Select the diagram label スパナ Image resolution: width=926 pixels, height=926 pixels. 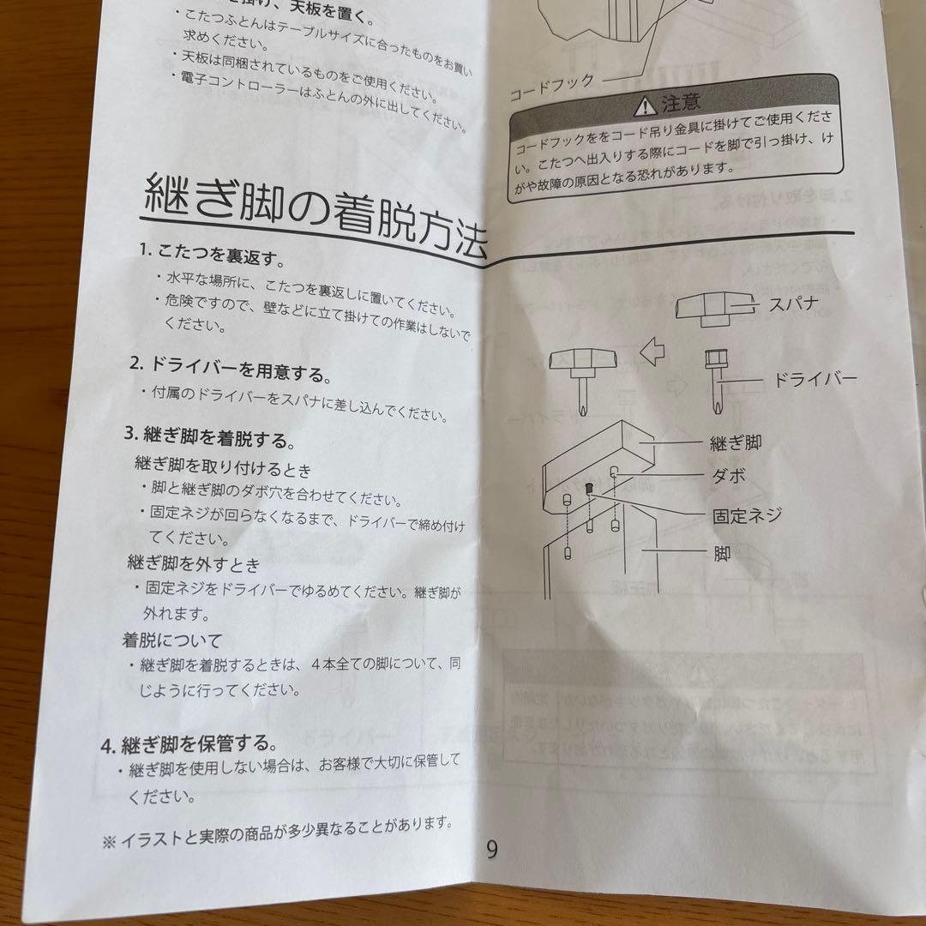tap(794, 304)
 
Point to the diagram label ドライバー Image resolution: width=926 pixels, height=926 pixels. tap(815, 378)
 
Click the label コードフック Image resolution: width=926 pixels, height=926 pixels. tap(551, 88)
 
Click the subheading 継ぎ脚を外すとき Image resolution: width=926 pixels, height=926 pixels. tap(193, 564)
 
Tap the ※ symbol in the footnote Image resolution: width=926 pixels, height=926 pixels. tap(109, 842)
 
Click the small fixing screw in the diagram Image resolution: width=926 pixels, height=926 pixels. tap(590, 488)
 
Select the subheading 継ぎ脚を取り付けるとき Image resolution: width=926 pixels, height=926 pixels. tap(223, 469)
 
